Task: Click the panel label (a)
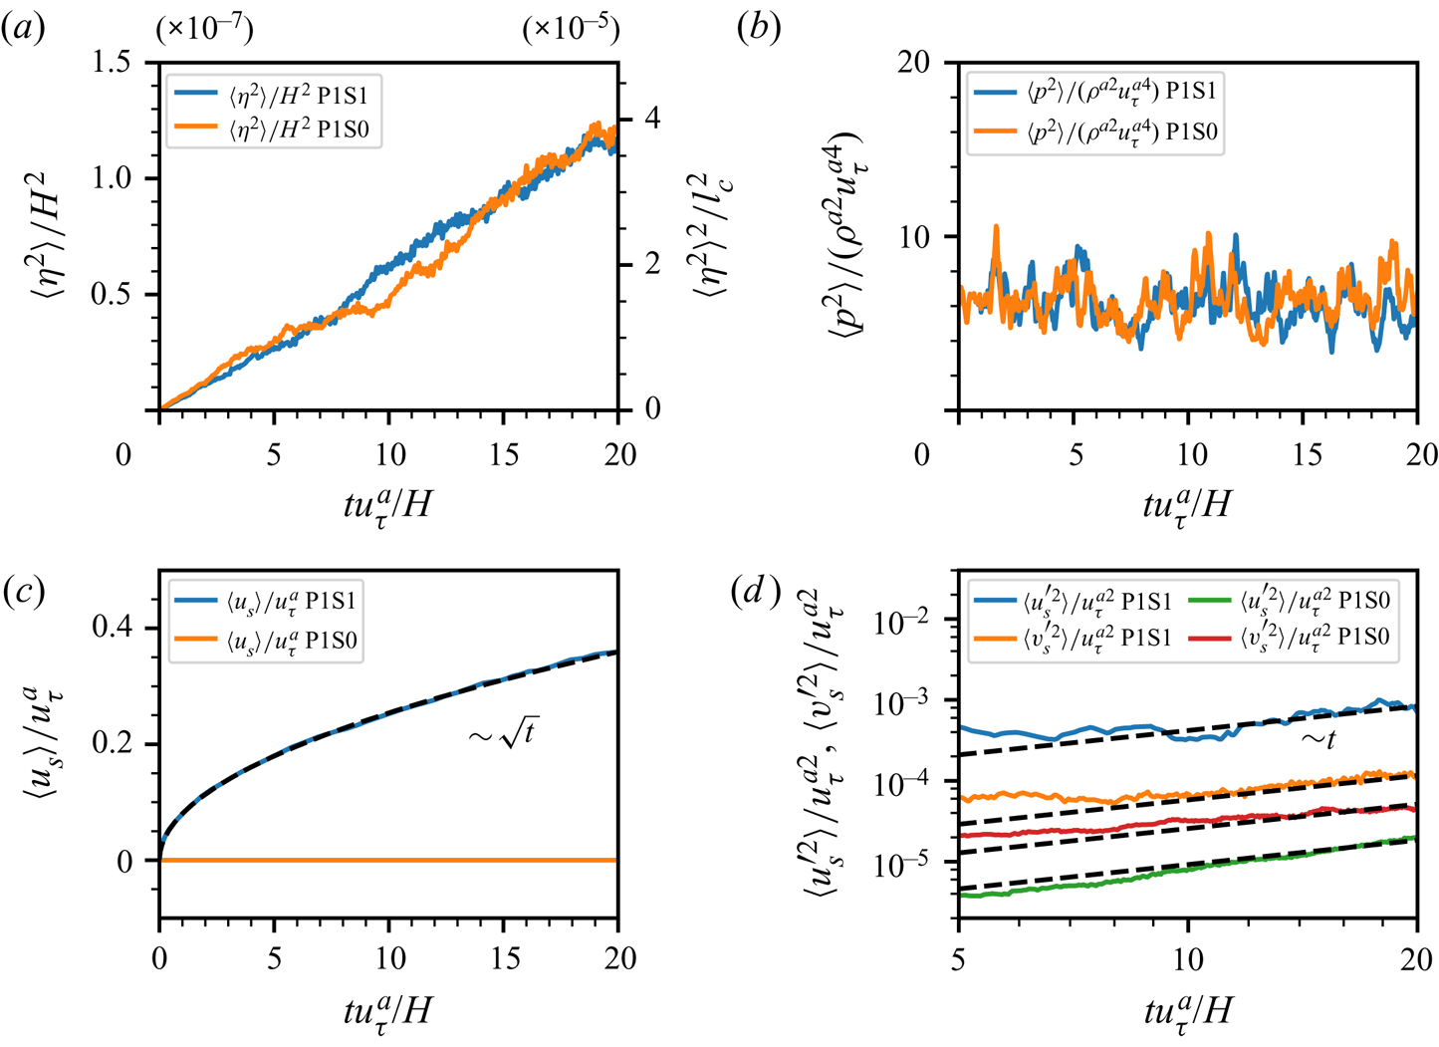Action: pos(22,30)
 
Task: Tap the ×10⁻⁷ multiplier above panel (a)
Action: pos(204,30)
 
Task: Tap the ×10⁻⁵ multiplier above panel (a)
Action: pos(571,30)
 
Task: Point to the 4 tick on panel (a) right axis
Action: pos(652,119)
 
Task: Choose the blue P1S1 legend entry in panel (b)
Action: pos(1095,93)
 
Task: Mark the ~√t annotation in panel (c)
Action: pos(503,736)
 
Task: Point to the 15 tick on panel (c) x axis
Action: pos(505,959)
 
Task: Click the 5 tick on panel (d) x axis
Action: pos(959,959)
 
